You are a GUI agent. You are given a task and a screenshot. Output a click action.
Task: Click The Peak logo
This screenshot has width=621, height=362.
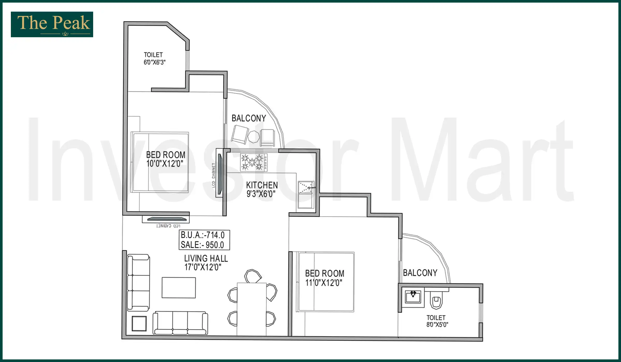pos(52,24)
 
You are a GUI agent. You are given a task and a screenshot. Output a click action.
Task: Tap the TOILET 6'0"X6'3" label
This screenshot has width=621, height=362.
pos(154,58)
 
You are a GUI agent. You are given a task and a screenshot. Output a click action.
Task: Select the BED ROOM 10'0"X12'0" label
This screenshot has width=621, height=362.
pos(165,159)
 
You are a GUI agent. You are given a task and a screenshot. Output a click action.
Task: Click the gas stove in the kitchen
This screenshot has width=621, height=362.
pos(253,162)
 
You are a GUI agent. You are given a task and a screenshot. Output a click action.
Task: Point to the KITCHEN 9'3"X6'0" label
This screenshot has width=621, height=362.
pos(262,189)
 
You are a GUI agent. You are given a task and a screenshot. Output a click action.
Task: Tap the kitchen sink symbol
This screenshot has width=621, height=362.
pos(306,187)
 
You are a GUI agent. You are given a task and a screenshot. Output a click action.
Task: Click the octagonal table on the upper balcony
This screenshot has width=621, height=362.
pos(254,137)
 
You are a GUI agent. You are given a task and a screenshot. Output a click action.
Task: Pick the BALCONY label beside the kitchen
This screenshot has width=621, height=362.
pos(248,118)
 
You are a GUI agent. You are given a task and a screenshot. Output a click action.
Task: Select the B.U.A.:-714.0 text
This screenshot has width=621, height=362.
pos(203,235)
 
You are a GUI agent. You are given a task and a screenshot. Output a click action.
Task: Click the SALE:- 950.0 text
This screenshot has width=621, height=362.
pos(202,245)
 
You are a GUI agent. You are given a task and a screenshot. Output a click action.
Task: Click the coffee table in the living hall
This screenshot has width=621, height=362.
pos(179,288)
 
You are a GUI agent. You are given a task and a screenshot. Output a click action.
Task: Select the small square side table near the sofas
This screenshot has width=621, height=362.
pos(139,323)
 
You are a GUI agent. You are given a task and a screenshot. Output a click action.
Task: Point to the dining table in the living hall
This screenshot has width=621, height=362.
pos(252,309)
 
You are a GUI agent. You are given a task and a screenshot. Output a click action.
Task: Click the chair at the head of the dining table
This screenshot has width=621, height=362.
pos(253,276)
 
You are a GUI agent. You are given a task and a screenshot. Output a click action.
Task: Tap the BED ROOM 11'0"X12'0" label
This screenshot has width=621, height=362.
pos(324,278)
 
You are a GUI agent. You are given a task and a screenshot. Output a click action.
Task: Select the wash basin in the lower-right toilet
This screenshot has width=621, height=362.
pos(413,297)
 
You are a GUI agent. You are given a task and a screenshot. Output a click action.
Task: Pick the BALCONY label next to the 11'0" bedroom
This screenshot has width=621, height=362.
pos(420,273)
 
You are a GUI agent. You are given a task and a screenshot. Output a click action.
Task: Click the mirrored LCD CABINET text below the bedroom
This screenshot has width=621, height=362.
pos(168,226)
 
